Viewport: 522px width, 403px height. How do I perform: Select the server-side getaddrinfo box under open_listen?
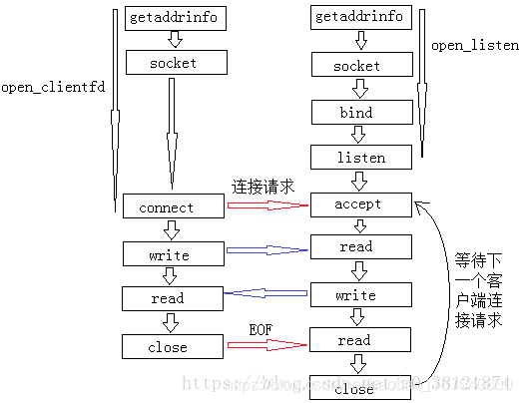[360, 18]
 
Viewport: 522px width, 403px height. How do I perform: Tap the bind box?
[360, 112]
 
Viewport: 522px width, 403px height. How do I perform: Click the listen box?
[360, 158]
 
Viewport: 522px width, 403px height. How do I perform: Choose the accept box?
[360, 204]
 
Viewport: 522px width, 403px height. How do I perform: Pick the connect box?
[173, 207]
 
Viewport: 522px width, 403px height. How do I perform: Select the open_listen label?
[475, 46]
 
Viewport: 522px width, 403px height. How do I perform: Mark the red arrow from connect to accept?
[266, 205]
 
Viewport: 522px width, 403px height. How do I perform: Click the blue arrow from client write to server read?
[266, 250]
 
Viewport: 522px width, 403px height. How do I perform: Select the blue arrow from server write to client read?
[266, 293]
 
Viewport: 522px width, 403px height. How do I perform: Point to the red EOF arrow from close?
[266, 344]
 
